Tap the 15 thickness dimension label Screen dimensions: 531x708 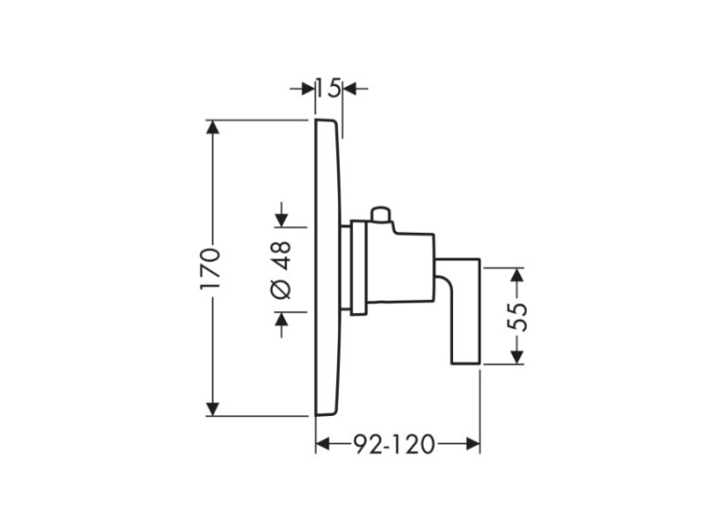point(328,89)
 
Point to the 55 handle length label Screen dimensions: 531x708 point(517,316)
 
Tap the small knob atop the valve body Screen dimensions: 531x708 point(381,216)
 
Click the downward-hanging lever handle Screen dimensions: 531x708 point(466,316)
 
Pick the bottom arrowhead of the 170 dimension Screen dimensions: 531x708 point(213,407)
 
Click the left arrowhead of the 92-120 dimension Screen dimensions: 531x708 point(322,443)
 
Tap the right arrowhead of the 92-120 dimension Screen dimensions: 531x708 point(473,443)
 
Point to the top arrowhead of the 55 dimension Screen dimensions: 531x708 point(516,275)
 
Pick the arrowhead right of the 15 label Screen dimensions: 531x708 point(349,89)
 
